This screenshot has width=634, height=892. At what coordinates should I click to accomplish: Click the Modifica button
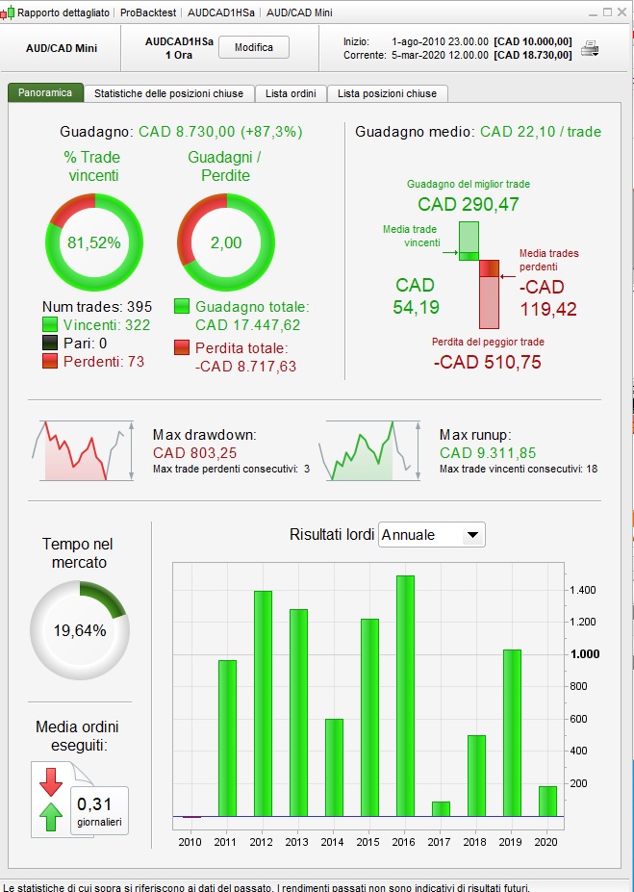(x=254, y=47)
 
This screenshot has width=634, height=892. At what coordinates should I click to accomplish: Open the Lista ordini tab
(x=291, y=93)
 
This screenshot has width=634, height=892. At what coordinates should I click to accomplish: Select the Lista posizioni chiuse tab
(x=387, y=93)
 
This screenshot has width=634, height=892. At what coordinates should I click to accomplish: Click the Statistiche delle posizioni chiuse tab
(x=169, y=93)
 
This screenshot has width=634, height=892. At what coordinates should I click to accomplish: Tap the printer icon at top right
(x=591, y=48)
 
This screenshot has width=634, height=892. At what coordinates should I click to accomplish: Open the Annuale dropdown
(x=432, y=535)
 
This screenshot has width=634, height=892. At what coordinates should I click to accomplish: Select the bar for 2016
(x=405, y=695)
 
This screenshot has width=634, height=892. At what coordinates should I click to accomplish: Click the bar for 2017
(x=441, y=808)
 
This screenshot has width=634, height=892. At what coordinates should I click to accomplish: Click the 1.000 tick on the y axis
(x=586, y=654)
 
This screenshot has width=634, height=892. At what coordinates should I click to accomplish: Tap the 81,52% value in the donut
(x=94, y=242)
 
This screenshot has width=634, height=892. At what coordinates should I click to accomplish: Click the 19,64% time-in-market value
(x=79, y=631)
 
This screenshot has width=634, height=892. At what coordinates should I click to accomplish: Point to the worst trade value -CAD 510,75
(x=488, y=363)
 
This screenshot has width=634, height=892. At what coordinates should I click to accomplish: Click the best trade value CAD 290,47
(x=469, y=204)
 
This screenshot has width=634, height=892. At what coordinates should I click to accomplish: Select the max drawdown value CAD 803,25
(x=194, y=452)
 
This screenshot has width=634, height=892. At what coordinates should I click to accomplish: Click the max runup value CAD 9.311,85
(x=488, y=452)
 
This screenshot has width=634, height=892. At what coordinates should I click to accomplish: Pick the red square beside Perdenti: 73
(x=50, y=361)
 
